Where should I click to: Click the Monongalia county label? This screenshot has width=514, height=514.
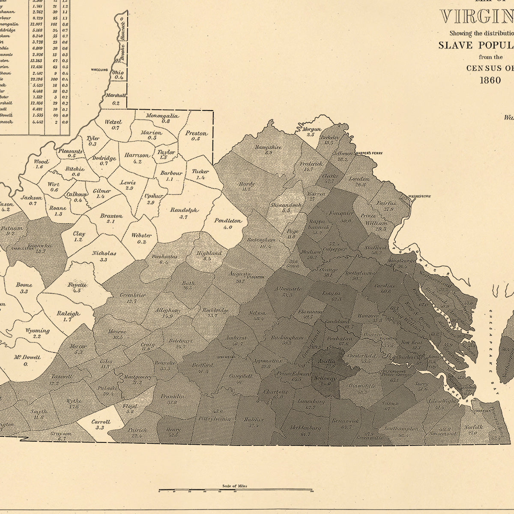(162, 116)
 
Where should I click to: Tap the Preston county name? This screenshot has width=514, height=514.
(196, 133)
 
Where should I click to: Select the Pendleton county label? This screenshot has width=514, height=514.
(228, 221)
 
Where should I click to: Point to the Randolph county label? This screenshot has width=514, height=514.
(184, 210)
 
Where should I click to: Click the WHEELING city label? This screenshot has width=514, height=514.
(99, 69)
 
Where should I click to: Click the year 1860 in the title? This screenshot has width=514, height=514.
(490, 80)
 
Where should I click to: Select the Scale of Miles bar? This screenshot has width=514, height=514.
(235, 490)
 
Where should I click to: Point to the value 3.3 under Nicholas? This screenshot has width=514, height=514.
(103, 260)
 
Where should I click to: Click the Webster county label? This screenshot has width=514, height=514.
(141, 236)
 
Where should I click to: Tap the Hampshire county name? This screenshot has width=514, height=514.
(268, 147)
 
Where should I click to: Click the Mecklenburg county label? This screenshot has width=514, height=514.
(305, 427)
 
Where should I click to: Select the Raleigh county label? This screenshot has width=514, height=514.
(68, 314)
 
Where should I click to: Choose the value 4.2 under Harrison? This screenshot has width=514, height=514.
(137, 161)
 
